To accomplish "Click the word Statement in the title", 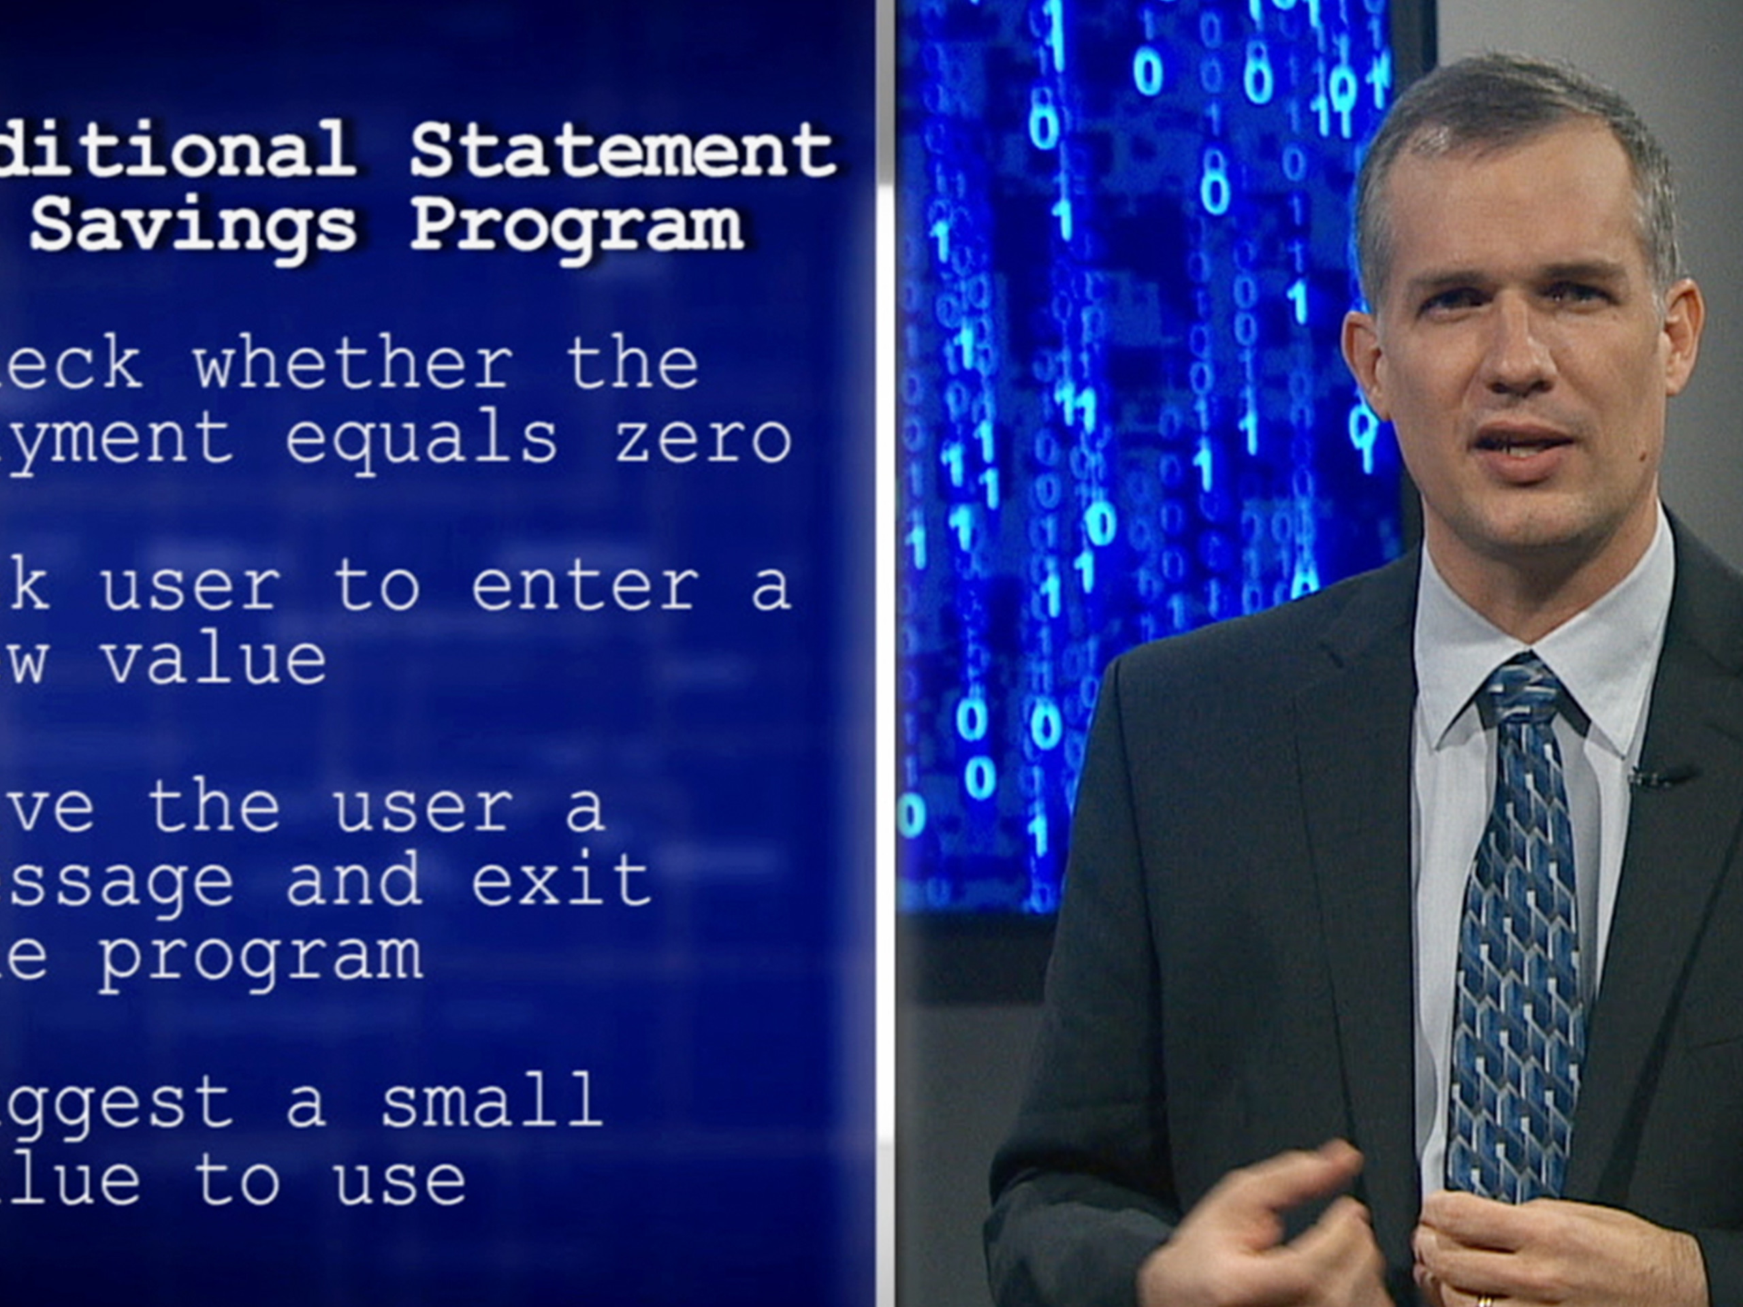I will (622, 150).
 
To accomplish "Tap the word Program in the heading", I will (576, 227).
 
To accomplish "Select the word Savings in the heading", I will (193, 227).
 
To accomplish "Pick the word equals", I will (421, 439).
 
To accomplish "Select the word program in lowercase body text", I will (260, 956).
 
